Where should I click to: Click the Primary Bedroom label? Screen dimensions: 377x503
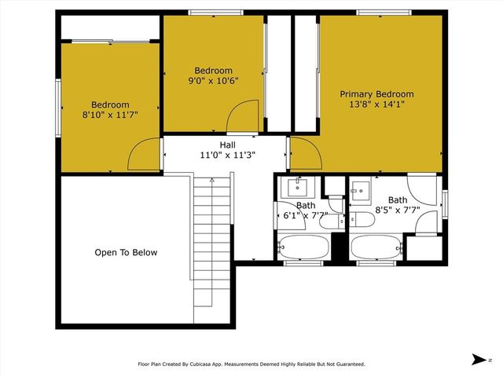coord(376,94)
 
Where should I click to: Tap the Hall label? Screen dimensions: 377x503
coord(227,145)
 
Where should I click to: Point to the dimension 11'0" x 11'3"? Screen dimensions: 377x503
coord(227,155)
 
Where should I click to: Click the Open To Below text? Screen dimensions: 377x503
coord(126,253)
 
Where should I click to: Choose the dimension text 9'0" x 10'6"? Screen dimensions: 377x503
coord(213,80)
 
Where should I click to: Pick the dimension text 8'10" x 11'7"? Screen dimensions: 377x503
coord(110,115)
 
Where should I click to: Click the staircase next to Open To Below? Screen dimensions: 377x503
coord(213,236)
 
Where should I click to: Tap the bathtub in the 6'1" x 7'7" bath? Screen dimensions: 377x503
coord(302,247)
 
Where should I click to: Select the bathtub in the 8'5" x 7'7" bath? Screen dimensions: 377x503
coord(376,247)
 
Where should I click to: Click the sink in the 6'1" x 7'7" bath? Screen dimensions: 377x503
coord(298,188)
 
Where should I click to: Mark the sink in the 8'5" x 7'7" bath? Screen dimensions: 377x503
coord(361,188)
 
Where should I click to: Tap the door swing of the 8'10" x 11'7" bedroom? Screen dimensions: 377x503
coord(145,156)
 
